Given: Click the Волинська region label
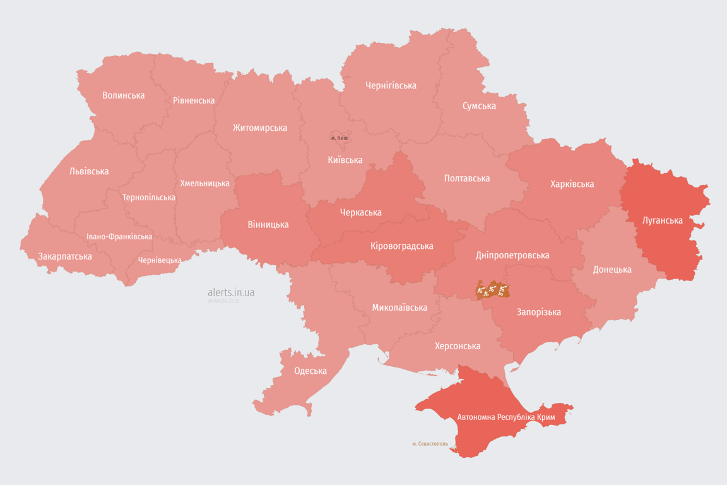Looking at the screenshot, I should point(124,95).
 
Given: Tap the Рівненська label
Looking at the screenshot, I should point(194,100).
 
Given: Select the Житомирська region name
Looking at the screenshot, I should point(259,128).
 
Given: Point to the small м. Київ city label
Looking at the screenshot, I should point(340,138).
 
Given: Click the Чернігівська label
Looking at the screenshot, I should point(391,85).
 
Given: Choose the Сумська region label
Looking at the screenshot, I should point(478,105).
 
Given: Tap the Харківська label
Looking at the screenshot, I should point(572,184).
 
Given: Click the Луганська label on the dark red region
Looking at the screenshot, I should point(662,220).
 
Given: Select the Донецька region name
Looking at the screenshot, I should point(612,269).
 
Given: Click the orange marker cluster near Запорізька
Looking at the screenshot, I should point(492,290).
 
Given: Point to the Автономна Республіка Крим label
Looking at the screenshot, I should point(505,417).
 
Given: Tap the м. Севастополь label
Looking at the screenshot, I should point(430,443).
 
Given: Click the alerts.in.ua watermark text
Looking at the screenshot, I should point(231,292).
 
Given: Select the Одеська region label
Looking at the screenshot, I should point(310,371).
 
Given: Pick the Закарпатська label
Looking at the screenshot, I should point(65,256).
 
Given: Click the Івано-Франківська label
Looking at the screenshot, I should point(119,237).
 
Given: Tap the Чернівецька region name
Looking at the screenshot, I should point(160,260).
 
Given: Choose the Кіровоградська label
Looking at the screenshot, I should point(401,246).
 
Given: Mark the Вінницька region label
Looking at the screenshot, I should point(268,224).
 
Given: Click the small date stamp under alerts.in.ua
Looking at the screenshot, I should point(223,301).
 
